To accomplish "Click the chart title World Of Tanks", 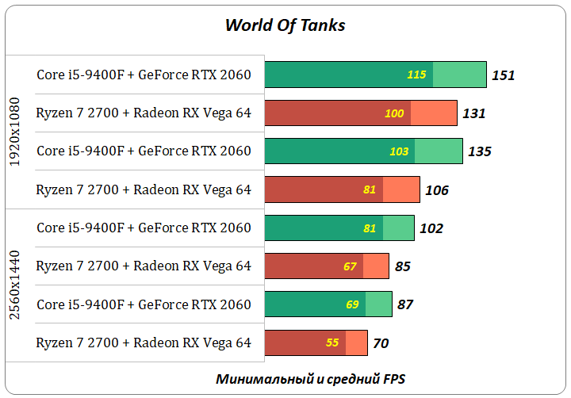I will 285,25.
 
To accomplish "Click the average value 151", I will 503,75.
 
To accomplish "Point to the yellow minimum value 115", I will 416,75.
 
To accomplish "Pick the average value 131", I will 473,113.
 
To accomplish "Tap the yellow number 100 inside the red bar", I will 394,113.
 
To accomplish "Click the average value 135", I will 479,151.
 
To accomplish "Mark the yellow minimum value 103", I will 399,151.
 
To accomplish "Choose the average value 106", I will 436,190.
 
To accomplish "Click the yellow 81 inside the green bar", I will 370,228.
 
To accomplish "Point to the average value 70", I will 380,343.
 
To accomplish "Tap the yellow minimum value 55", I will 332,343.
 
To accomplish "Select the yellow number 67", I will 350,266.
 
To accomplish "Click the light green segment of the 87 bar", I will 379,304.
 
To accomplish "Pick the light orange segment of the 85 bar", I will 376,266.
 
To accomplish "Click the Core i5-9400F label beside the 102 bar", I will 144,228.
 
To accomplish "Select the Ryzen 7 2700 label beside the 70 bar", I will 144,343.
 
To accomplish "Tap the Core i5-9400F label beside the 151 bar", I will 144,75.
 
